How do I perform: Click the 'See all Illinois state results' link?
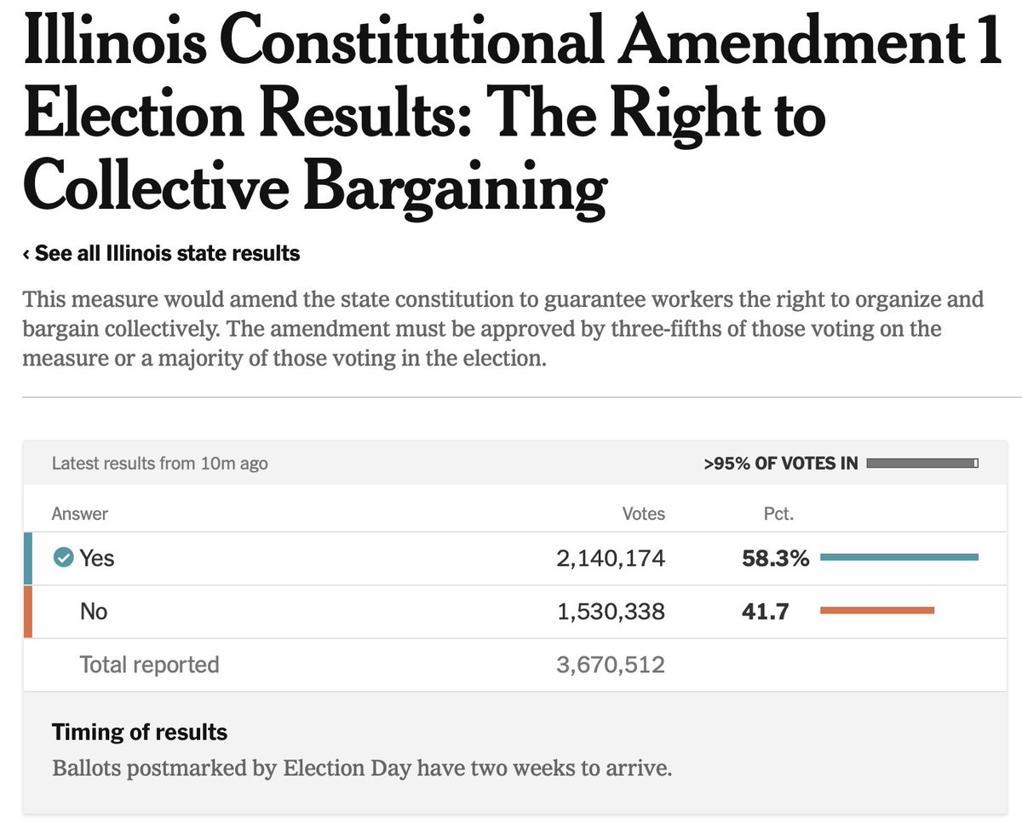click(x=162, y=254)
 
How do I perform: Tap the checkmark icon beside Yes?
click(x=63, y=558)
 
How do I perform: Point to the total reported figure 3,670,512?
click(x=610, y=665)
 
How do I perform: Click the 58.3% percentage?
click(x=775, y=558)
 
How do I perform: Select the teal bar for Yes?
click(x=899, y=557)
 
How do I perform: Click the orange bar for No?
click(x=876, y=610)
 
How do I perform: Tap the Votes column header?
click(x=643, y=514)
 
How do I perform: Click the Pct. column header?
click(x=778, y=514)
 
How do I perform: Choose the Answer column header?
click(x=80, y=514)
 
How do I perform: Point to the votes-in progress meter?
click(x=922, y=464)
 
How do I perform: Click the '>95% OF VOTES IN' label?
click(x=780, y=464)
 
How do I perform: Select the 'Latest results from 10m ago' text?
click(x=159, y=464)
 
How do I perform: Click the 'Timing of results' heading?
click(x=140, y=732)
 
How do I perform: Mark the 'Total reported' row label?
click(x=149, y=665)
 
